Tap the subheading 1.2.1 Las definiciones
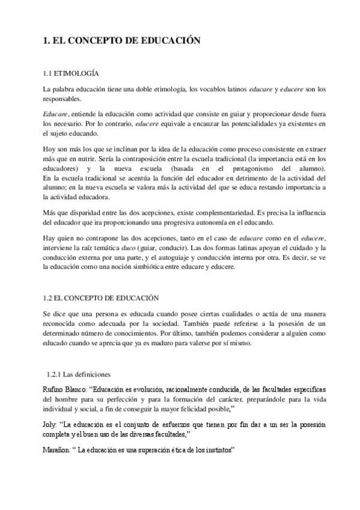[x=78, y=373]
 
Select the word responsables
[x=63, y=99]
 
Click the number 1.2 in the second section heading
[x=48, y=298]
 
